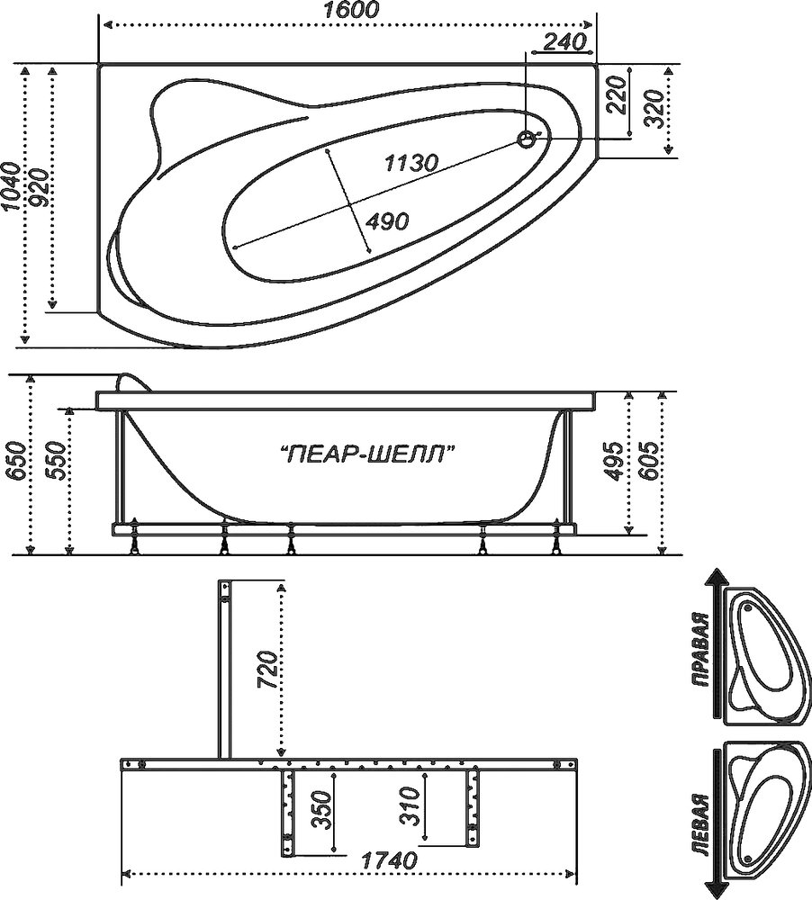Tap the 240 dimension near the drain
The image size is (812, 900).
(564, 40)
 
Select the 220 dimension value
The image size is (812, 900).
(617, 94)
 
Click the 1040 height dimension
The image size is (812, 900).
(10, 185)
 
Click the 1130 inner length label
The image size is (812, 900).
(411, 163)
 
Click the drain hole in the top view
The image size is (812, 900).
(526, 139)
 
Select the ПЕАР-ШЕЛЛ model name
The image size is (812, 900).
(365, 454)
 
